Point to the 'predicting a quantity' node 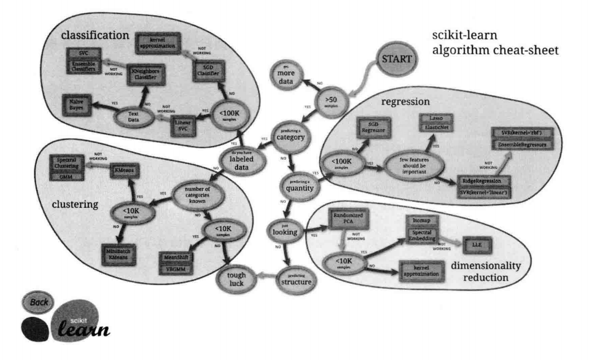(x=301, y=184)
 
